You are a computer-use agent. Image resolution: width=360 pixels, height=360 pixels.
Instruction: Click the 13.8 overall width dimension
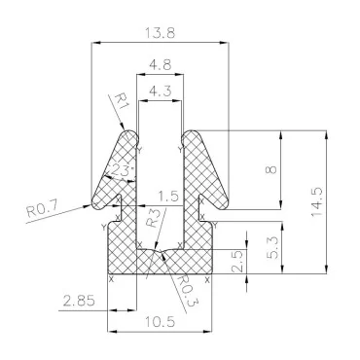[162, 32]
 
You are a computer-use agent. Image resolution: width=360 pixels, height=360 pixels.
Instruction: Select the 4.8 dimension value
[162, 68]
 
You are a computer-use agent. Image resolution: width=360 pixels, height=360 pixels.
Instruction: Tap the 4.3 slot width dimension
[161, 91]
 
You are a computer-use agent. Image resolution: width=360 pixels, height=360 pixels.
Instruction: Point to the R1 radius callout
[120, 99]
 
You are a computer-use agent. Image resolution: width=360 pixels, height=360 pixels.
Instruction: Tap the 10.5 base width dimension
[162, 322]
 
